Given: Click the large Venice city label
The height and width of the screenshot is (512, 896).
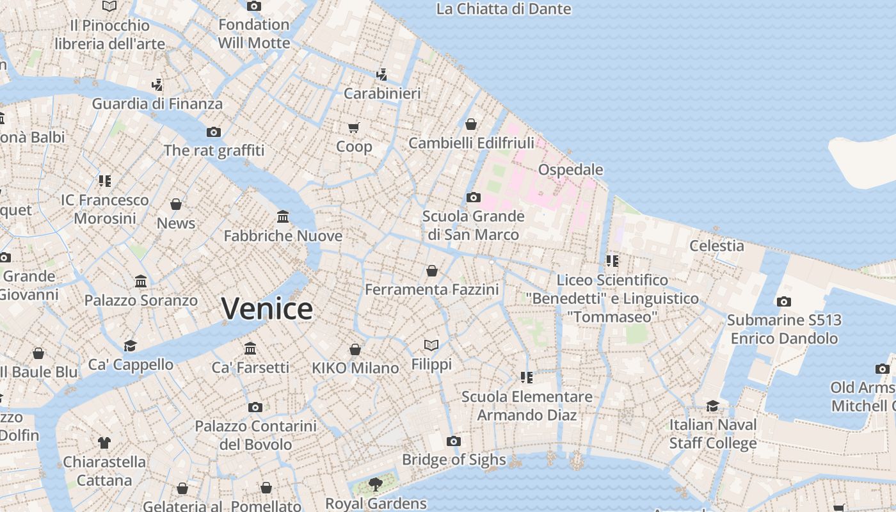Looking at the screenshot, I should click(x=267, y=309).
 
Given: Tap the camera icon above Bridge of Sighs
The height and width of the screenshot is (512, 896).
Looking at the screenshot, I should click(x=454, y=441).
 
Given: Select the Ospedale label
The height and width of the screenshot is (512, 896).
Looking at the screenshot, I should click(x=570, y=170).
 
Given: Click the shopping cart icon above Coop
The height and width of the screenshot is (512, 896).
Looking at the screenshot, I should click(x=354, y=127).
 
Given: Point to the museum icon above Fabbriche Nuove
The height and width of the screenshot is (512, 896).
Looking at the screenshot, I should click(x=283, y=217).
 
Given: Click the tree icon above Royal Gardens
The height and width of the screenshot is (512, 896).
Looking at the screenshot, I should click(x=375, y=484).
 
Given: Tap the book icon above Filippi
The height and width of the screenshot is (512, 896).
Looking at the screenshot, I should click(x=431, y=346).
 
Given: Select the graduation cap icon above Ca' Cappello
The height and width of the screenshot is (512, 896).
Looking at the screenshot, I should click(x=131, y=346).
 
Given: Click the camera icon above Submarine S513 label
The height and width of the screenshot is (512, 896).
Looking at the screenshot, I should click(x=784, y=301).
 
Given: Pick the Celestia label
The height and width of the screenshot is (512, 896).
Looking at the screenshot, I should click(x=716, y=246).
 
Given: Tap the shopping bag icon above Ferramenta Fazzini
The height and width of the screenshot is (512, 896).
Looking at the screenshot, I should click(x=432, y=271).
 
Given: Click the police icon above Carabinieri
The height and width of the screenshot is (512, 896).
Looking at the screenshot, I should click(x=382, y=74).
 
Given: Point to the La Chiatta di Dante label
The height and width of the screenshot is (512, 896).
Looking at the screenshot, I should click(x=503, y=9).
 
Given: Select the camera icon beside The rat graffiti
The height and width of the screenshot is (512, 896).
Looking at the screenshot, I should click(x=214, y=132).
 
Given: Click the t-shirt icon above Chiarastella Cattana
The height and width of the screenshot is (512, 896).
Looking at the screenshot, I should click(x=104, y=442).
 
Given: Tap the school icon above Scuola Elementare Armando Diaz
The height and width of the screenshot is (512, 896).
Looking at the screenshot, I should click(x=527, y=378).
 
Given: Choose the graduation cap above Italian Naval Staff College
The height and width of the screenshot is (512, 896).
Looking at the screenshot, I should click(x=712, y=406).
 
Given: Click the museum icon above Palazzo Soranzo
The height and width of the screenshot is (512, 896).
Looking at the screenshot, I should click(x=141, y=281).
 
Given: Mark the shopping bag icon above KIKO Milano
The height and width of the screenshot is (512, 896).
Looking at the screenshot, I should click(x=355, y=349).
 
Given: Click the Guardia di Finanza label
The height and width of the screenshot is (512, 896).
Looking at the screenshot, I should click(x=157, y=104).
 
